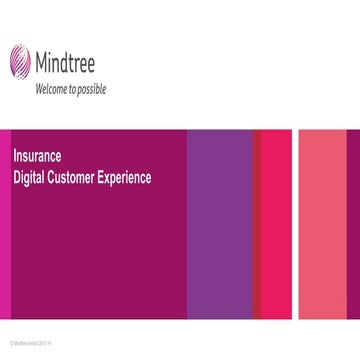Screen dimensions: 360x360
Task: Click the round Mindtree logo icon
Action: (19, 61)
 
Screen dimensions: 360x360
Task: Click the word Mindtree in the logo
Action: (70, 64)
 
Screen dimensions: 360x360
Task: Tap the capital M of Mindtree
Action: (42, 64)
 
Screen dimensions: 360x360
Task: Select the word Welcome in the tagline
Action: (53, 89)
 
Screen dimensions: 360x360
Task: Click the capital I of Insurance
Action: (15, 156)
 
